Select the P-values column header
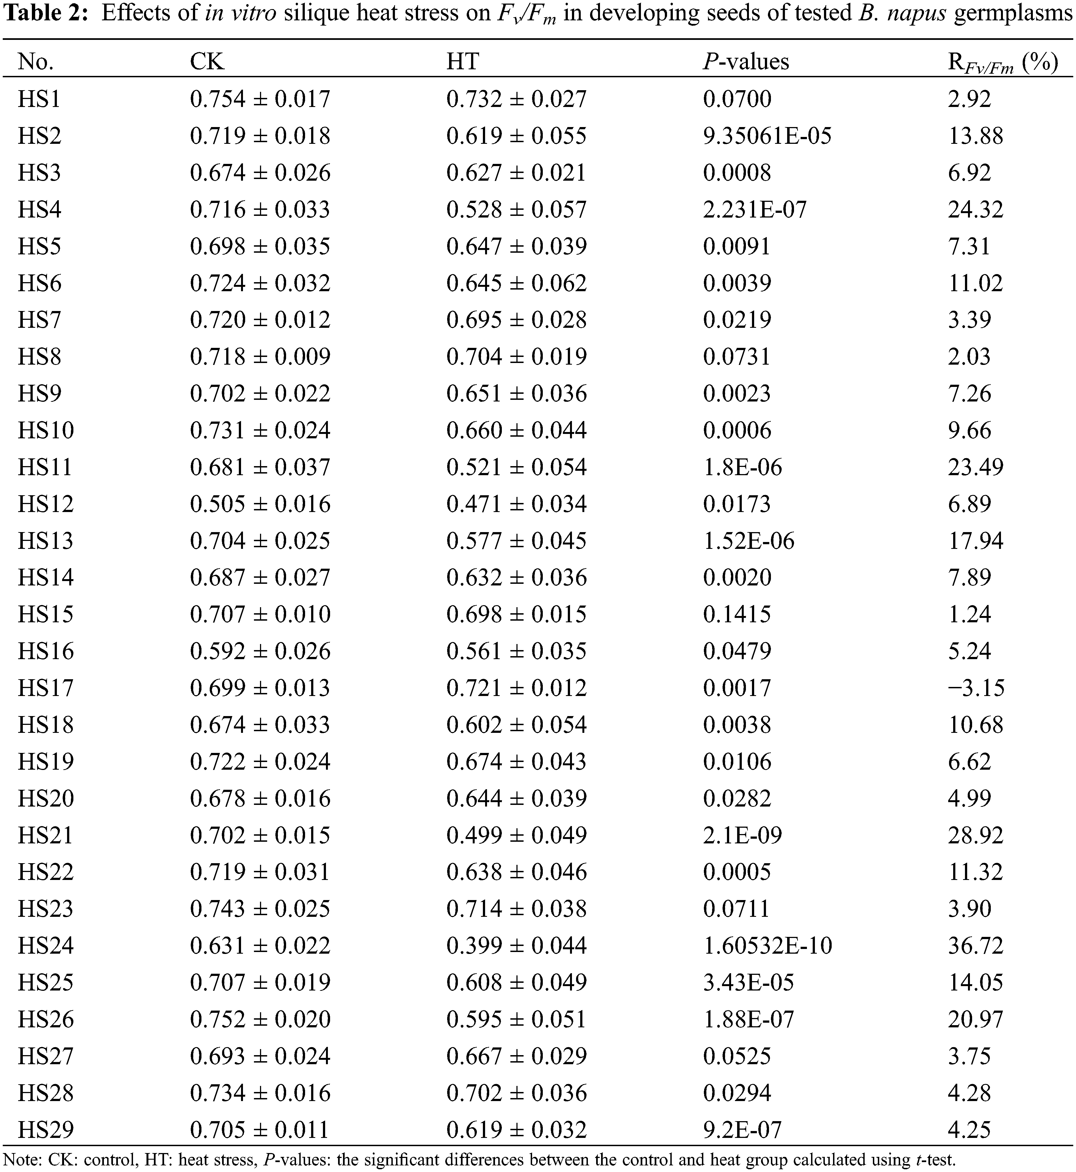[746, 61]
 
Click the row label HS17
[45, 688]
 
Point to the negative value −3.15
[976, 688]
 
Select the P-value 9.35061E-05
[767, 136]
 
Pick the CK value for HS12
[260, 504]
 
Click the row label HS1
[39, 99]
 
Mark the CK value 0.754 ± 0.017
[260, 99]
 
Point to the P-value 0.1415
[737, 614]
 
